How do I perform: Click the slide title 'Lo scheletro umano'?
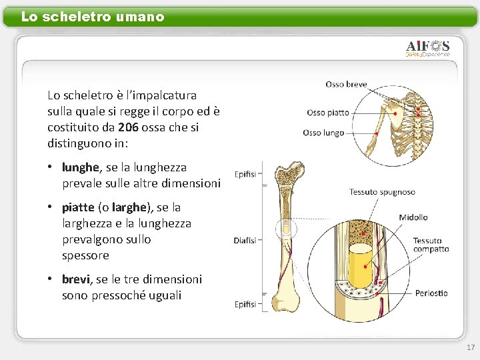click(93, 17)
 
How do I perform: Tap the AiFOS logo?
click(428, 48)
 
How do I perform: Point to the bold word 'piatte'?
click(78, 207)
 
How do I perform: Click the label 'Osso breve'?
click(346, 85)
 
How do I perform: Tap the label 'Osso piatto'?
click(328, 113)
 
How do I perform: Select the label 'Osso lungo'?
click(323, 133)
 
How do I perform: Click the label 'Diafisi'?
click(245, 241)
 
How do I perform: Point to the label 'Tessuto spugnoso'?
click(382, 192)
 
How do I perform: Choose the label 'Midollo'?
click(413, 217)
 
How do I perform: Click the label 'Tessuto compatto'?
click(431, 245)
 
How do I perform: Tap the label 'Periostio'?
click(431, 293)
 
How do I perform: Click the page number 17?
click(471, 347)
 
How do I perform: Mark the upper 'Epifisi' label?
click(245, 175)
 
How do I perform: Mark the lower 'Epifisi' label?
click(245, 304)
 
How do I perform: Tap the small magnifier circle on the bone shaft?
click(287, 228)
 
